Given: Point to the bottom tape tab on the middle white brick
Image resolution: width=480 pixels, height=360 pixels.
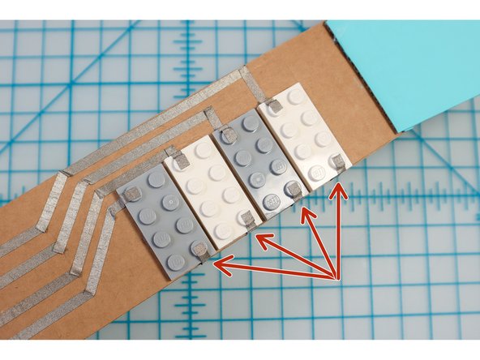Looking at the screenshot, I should click(x=247, y=219).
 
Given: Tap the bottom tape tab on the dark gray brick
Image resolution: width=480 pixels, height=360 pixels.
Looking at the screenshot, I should click(x=294, y=191).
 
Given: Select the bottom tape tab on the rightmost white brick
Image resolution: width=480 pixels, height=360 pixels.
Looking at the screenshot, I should click(x=338, y=163).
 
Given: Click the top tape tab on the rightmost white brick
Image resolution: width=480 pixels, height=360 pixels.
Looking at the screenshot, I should click(x=276, y=105).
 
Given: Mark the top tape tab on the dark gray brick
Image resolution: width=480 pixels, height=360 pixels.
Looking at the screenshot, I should click(x=229, y=135).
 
